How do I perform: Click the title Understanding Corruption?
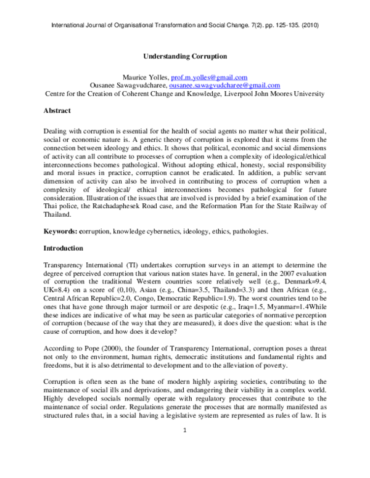coord(185,56)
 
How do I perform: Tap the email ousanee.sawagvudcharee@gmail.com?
coord(210,86)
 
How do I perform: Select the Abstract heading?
coord(57,111)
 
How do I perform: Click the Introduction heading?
coord(63,248)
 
